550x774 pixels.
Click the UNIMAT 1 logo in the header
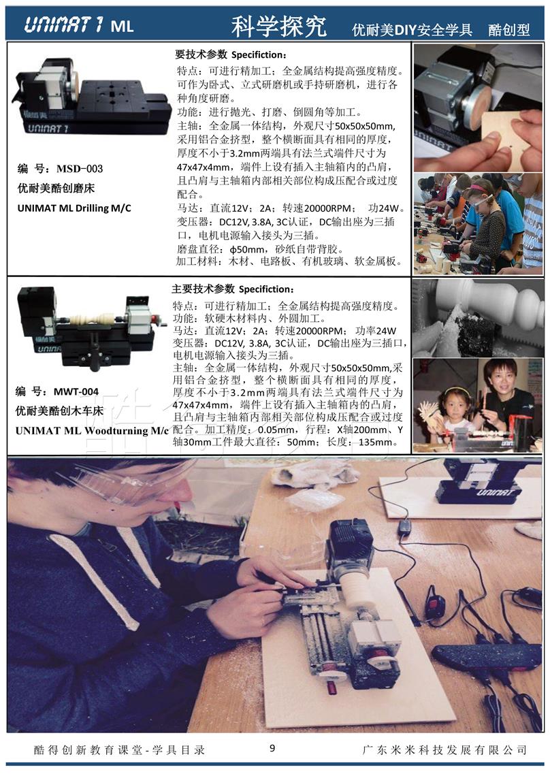click(x=64, y=25)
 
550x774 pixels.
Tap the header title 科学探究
click(x=278, y=26)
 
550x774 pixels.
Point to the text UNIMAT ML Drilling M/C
click(x=75, y=208)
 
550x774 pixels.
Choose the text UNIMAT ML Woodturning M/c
click(x=93, y=430)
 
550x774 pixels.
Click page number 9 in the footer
click(x=272, y=747)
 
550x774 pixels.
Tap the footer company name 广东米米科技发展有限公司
click(x=445, y=749)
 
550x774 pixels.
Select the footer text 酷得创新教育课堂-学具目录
click(x=119, y=749)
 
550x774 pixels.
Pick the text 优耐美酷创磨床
click(x=56, y=189)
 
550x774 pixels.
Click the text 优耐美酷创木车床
click(x=60, y=411)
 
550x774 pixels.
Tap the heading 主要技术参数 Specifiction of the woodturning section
click(x=233, y=289)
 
